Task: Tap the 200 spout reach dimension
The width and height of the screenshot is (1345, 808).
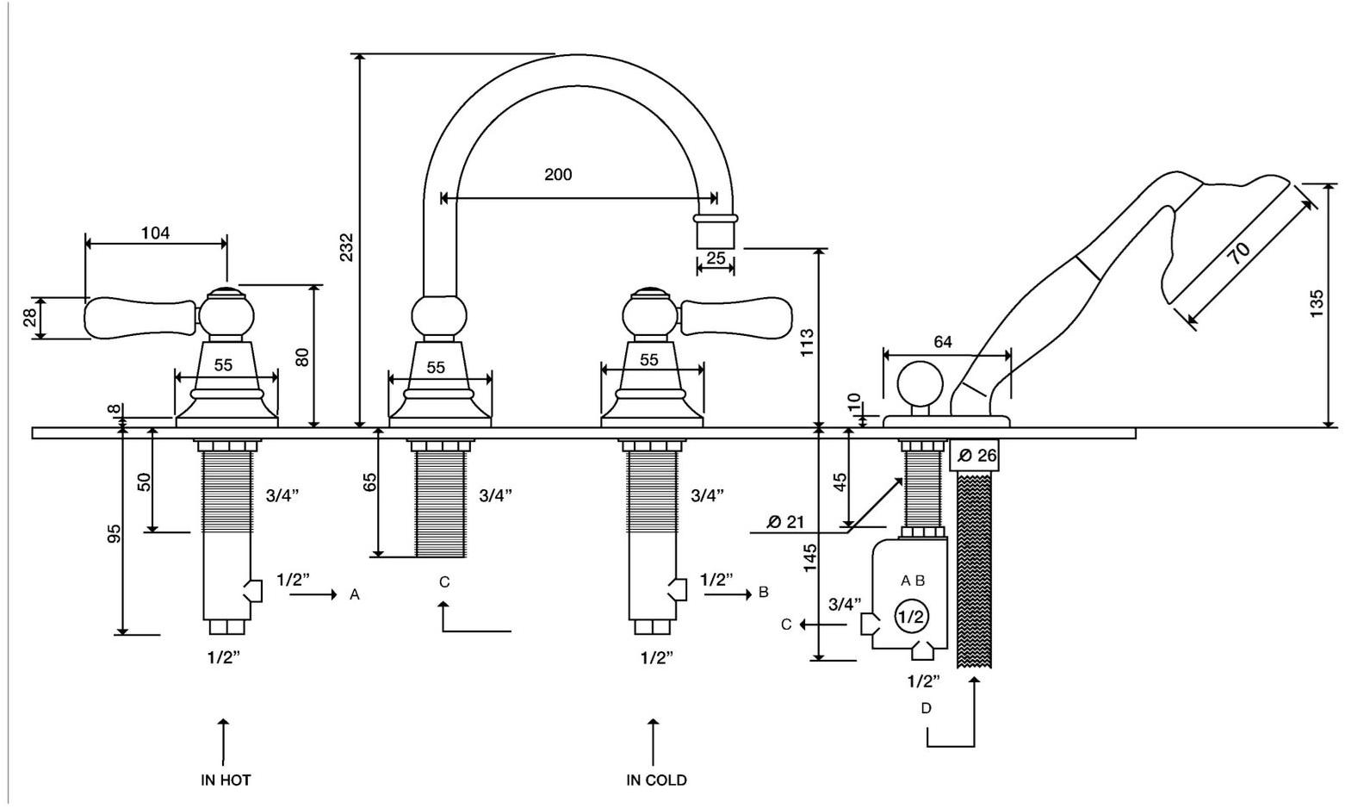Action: [558, 175]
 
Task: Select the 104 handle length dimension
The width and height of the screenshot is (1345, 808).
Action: [156, 233]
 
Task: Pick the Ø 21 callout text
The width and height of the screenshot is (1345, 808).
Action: [784, 521]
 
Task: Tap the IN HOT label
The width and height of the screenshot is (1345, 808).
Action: [226, 780]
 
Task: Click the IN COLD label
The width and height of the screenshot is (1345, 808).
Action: [656, 780]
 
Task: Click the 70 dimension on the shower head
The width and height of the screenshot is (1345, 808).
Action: [1239, 252]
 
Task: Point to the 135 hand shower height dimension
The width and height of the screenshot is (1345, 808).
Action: [1317, 304]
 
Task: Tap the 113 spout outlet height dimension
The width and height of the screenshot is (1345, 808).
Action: [807, 343]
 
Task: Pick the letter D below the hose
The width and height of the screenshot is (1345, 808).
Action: [926, 708]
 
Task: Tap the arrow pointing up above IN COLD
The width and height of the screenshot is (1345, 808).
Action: [654, 741]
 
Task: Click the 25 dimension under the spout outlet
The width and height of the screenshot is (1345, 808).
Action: [716, 258]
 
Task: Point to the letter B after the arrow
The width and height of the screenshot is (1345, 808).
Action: [763, 593]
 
